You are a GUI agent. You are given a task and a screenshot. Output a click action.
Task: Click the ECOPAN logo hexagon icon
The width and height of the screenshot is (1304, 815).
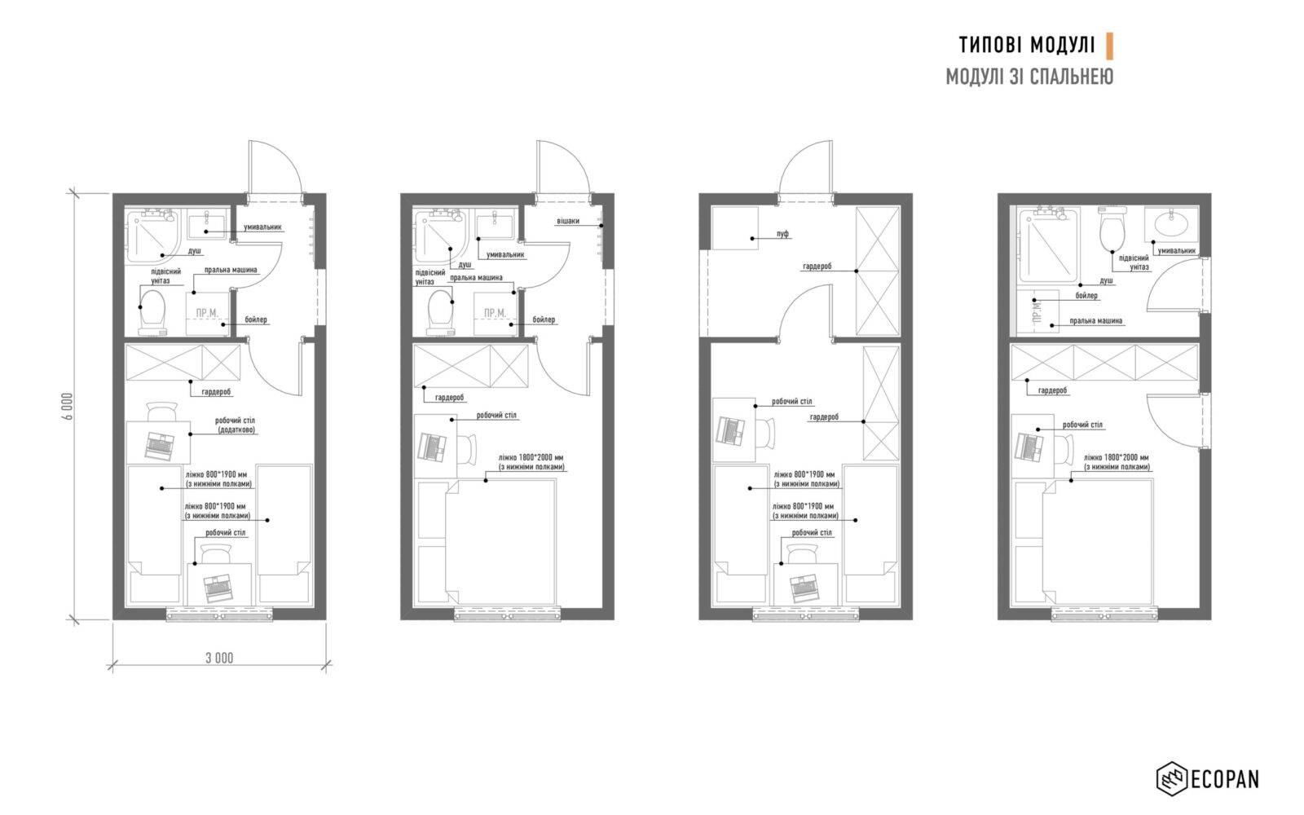pyautogui.click(x=1171, y=778)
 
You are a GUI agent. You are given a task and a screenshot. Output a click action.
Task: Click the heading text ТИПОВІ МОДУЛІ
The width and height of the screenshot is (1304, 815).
pyautogui.click(x=1027, y=45)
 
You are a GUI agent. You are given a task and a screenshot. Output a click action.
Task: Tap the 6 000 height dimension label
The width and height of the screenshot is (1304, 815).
pyautogui.click(x=68, y=407)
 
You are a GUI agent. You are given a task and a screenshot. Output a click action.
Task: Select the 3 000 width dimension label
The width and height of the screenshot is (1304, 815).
pyautogui.click(x=219, y=658)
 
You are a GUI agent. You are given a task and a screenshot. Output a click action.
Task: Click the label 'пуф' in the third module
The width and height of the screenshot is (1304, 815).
pyautogui.click(x=782, y=233)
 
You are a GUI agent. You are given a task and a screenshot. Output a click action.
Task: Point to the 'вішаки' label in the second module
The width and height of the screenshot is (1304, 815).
pyautogui.click(x=568, y=221)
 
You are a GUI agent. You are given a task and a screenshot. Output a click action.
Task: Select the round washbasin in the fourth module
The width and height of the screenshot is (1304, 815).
pyautogui.click(x=1171, y=224)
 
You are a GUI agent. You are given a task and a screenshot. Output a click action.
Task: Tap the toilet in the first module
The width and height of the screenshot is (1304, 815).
pyautogui.click(x=152, y=311)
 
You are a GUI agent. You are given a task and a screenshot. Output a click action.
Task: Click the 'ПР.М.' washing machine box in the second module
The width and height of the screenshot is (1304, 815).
pyautogui.click(x=495, y=314)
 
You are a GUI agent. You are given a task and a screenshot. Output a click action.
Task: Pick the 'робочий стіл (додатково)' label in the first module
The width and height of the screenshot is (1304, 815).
pyautogui.click(x=236, y=425)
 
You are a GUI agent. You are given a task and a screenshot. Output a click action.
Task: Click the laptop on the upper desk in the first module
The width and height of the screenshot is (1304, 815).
pyautogui.click(x=159, y=446)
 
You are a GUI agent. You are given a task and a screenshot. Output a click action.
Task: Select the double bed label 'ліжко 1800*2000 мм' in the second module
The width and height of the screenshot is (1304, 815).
pyautogui.click(x=531, y=457)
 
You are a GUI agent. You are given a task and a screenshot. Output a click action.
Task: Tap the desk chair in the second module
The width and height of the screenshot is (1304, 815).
pyautogui.click(x=467, y=449)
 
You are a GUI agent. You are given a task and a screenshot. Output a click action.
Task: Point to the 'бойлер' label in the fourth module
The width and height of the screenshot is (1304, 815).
pyautogui.click(x=1086, y=296)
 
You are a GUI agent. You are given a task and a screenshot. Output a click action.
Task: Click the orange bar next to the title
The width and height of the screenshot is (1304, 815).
pyautogui.click(x=1109, y=46)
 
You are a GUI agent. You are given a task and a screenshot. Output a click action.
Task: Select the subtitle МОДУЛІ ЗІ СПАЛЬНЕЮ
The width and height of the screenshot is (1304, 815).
pyautogui.click(x=1029, y=77)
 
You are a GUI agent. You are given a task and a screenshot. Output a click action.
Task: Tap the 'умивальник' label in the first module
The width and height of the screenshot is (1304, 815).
pyautogui.click(x=262, y=227)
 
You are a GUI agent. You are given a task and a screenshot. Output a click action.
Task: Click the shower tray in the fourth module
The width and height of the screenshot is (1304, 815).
pyautogui.click(x=1048, y=245)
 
